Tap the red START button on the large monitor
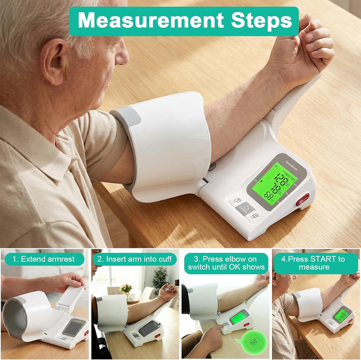coord(304,197)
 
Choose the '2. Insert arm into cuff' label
coord(135,259)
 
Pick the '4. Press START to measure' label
coord(316,263)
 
